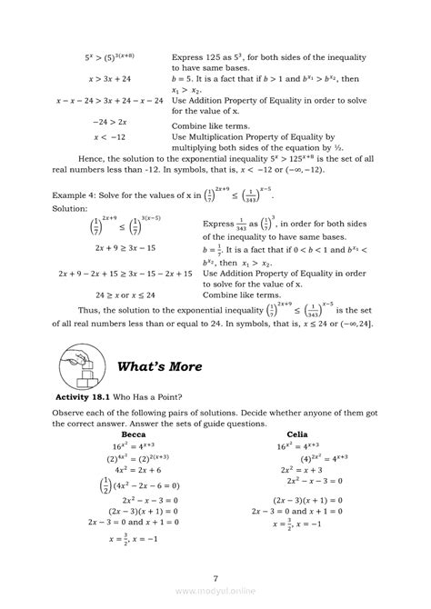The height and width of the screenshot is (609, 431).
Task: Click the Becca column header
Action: [x=134, y=434]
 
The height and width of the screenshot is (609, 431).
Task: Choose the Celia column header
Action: [x=296, y=434]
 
